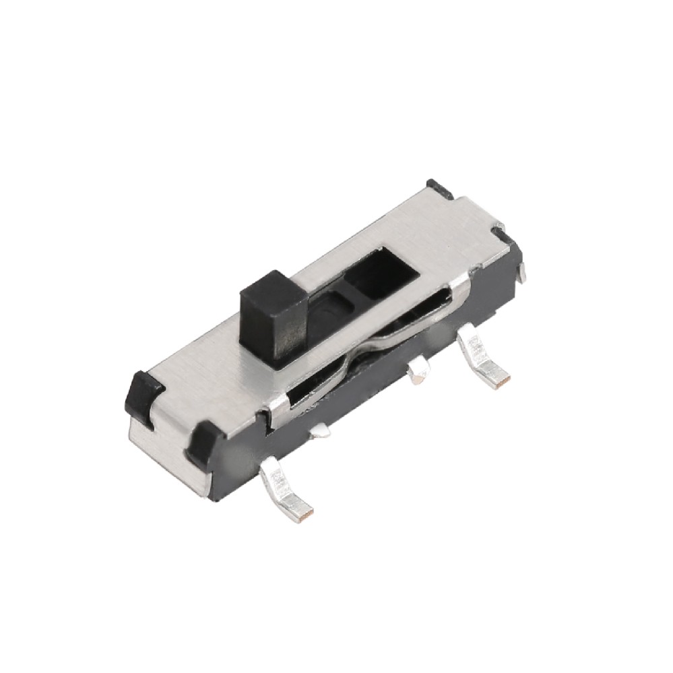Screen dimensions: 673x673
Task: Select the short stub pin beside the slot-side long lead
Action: (418, 371)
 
